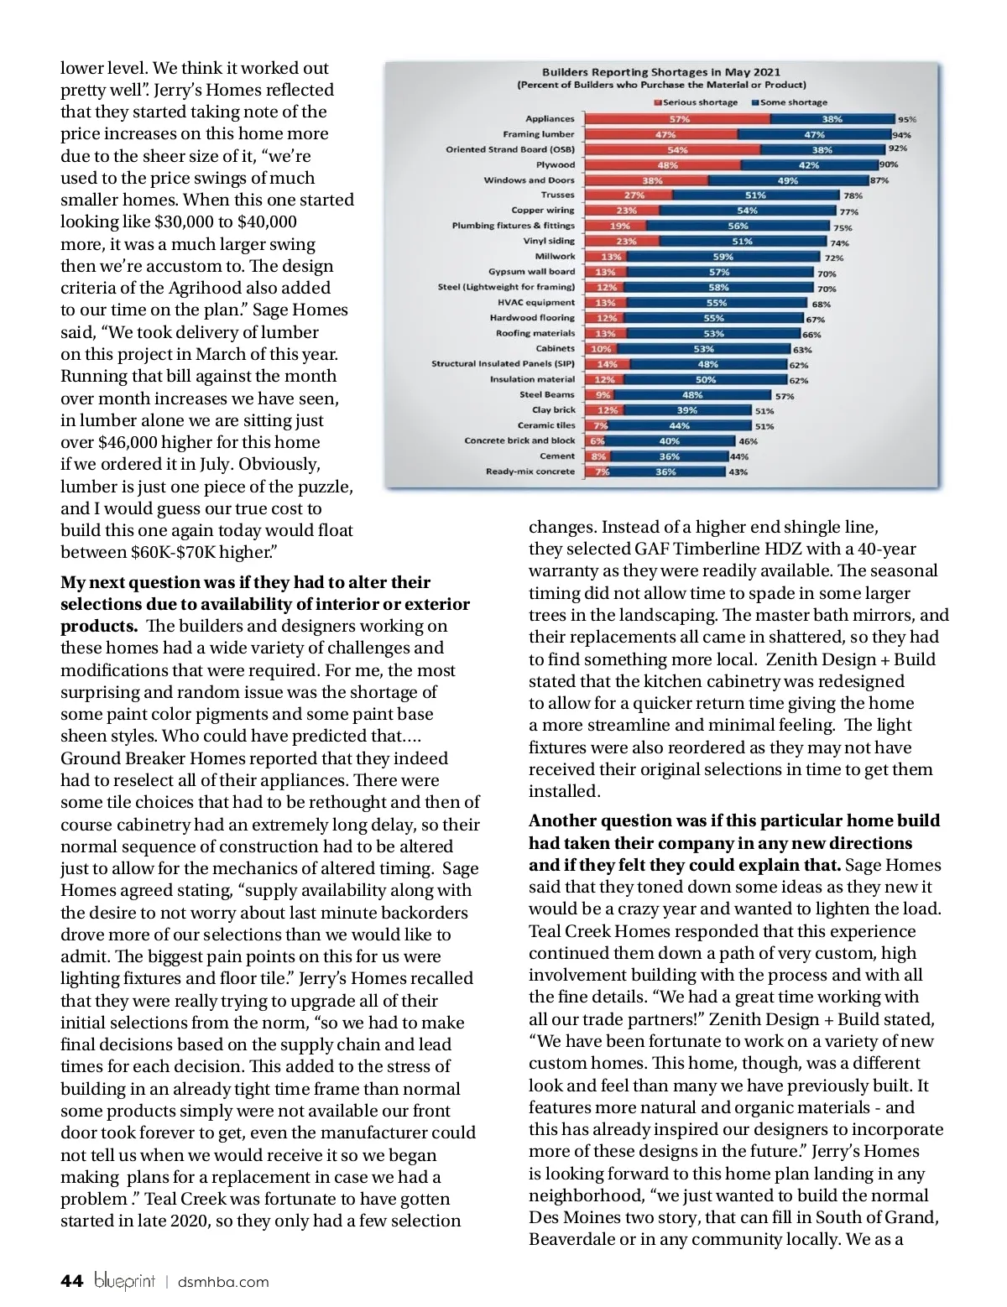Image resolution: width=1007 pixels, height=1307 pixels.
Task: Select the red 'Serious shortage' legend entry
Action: pyautogui.click(x=696, y=102)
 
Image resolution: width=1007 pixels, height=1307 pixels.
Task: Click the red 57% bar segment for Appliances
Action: pyautogui.click(x=677, y=119)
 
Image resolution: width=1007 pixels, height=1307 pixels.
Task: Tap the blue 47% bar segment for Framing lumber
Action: pyautogui.click(x=814, y=134)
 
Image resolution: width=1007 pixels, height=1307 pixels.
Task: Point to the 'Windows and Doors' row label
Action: pyautogui.click(x=529, y=180)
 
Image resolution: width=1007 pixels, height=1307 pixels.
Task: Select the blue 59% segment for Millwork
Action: pyautogui.click(x=722, y=257)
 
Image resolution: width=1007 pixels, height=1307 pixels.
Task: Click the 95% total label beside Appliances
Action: pyautogui.click(x=907, y=120)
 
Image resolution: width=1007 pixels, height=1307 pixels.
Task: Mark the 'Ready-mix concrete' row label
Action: pyautogui.click(x=530, y=471)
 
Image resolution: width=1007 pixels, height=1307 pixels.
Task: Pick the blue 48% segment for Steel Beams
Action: pyautogui.click(x=692, y=395)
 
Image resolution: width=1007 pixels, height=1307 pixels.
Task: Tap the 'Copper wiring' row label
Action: pyautogui.click(x=543, y=211)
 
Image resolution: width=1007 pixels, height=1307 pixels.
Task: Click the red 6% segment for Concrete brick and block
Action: pyautogui.click(x=597, y=441)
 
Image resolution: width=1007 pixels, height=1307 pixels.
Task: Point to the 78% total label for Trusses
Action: pyautogui.click(x=853, y=195)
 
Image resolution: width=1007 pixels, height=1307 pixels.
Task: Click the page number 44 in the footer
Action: pyautogui.click(x=72, y=1281)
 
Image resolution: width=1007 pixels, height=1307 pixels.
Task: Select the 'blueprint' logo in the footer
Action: pyautogui.click(x=125, y=1282)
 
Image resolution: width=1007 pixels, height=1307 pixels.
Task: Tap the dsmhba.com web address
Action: pyautogui.click(x=224, y=1282)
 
